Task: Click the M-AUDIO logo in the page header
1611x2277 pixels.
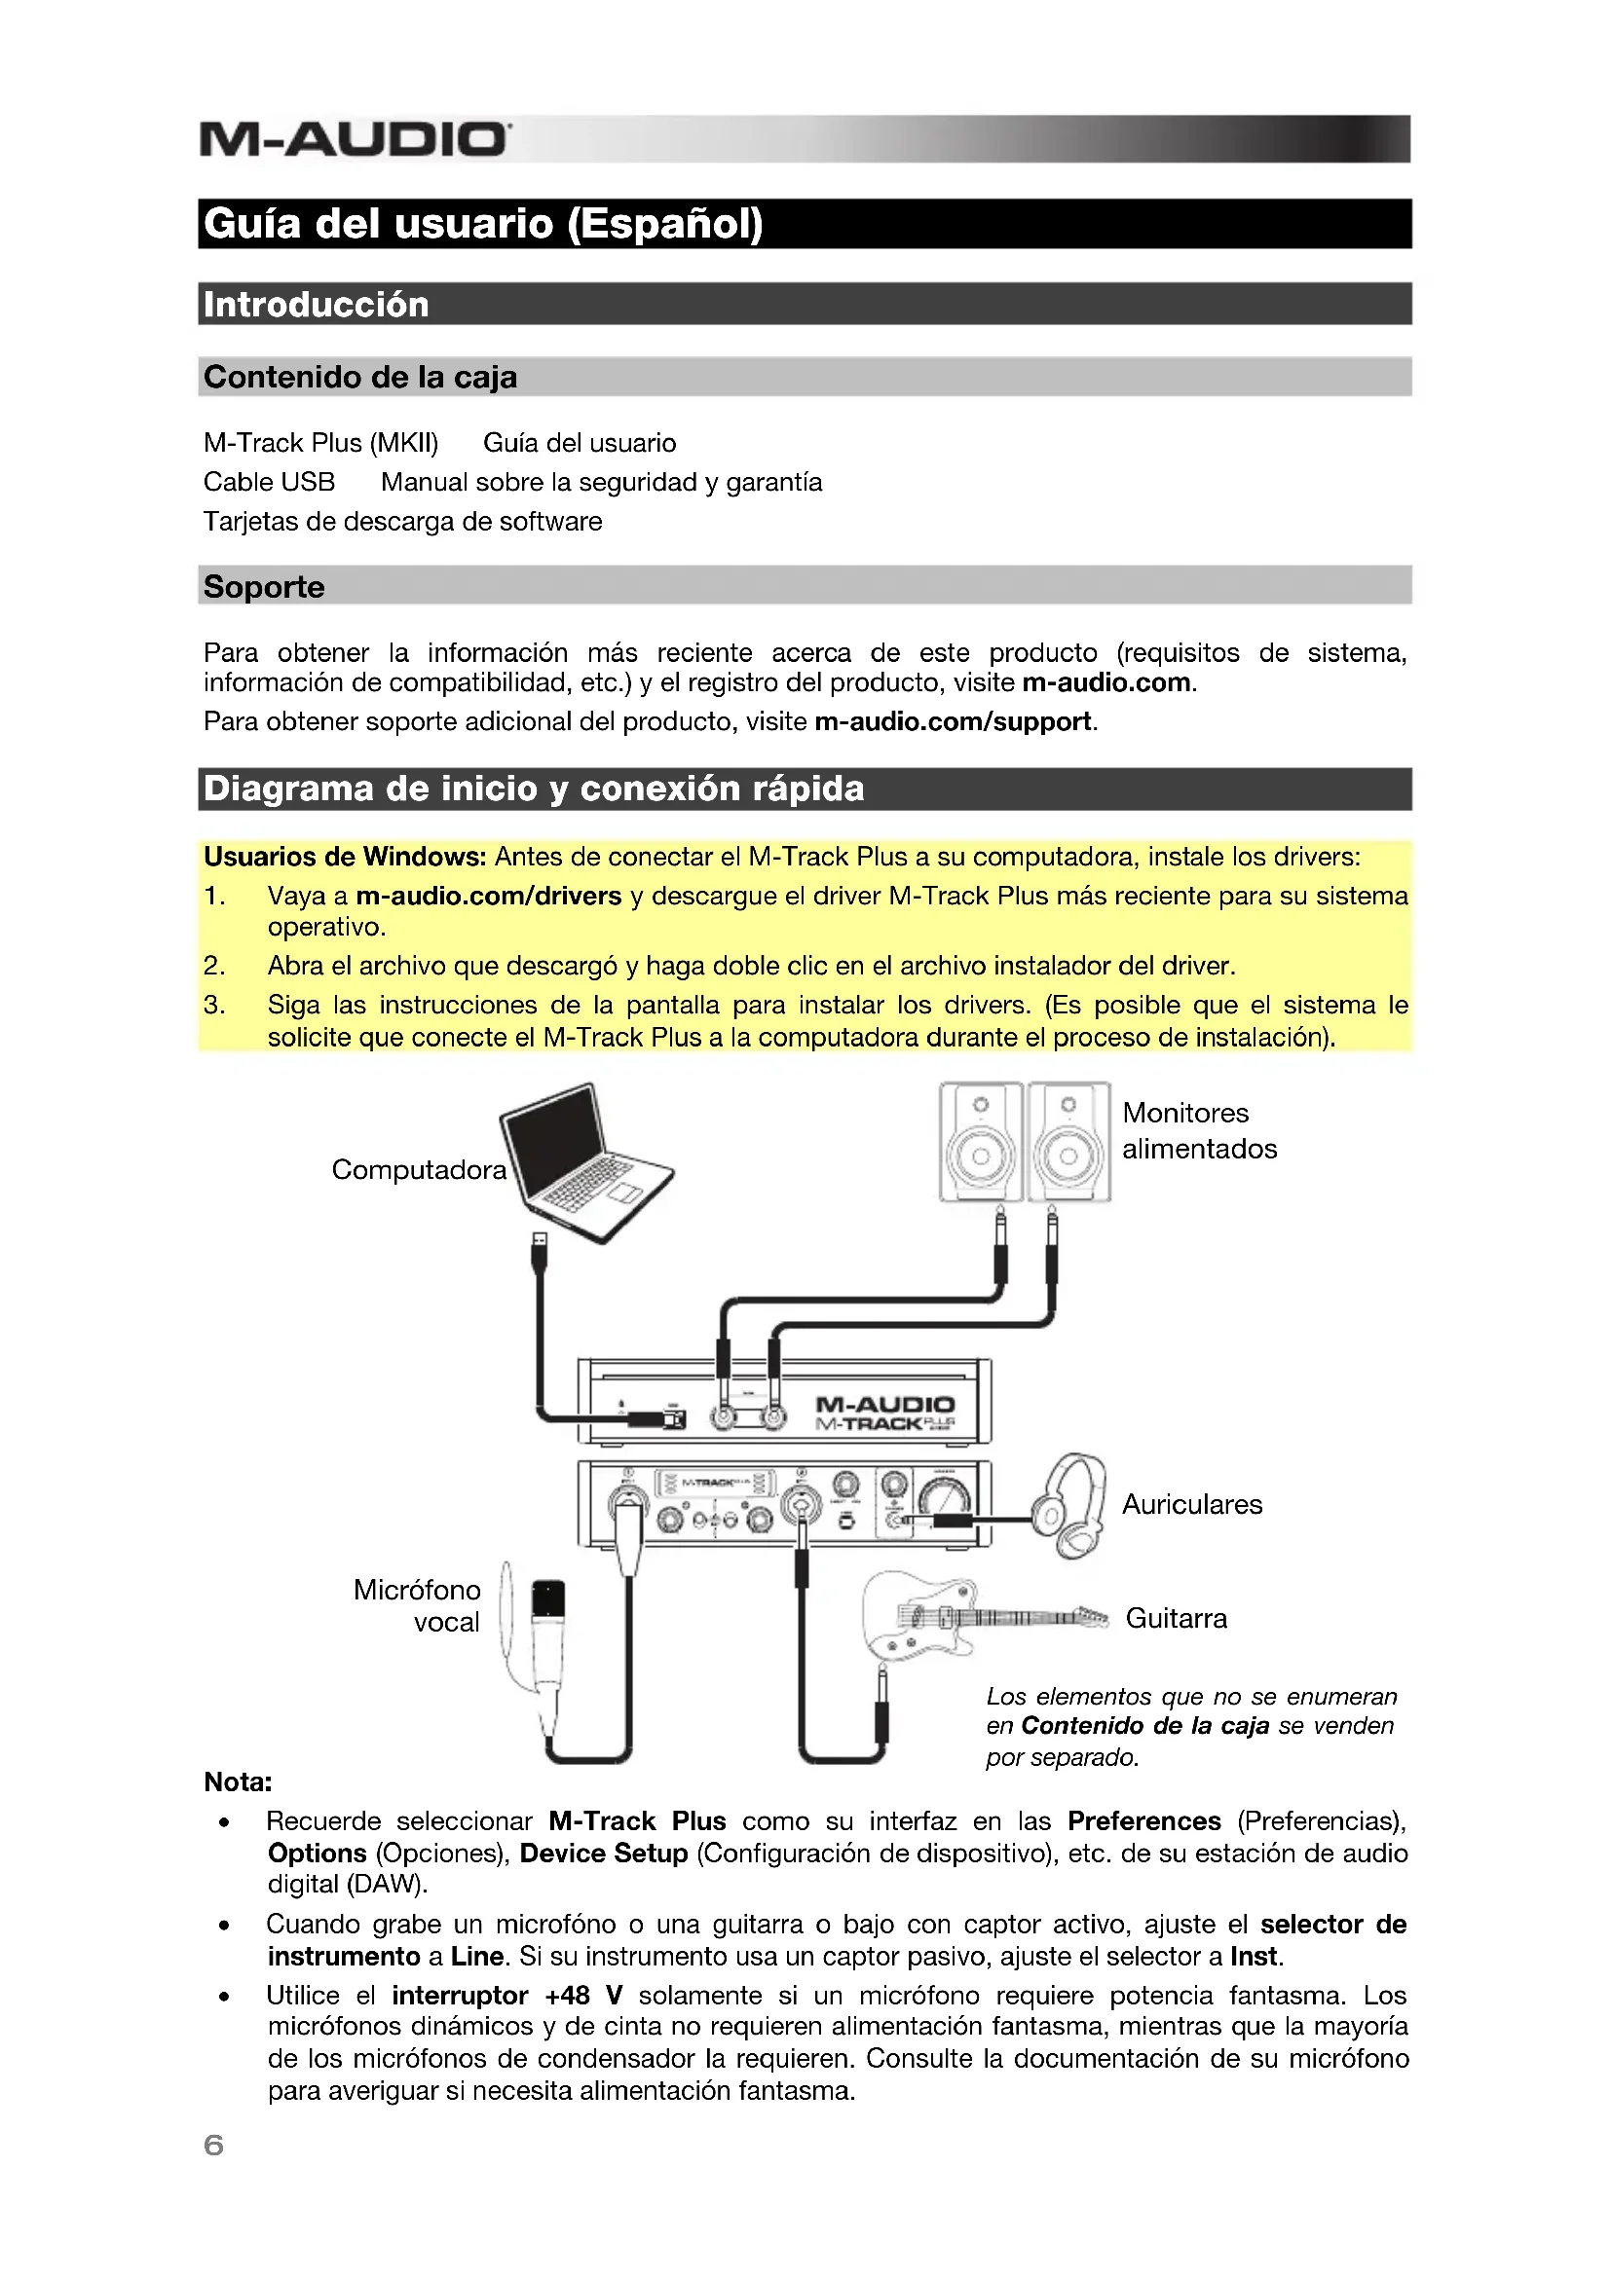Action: (356, 139)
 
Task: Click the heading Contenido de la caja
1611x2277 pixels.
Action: (360, 377)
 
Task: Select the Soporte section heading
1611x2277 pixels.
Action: (264, 586)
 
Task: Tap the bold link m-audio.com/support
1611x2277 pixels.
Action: (953, 721)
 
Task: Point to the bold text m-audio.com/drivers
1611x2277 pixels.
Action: (488, 896)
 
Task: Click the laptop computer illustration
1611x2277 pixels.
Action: (585, 1160)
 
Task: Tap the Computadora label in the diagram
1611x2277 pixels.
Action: (419, 1170)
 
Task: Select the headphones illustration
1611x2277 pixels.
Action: (1071, 1504)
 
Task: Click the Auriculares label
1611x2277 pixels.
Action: (1191, 1504)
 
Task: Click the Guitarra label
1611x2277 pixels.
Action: (1176, 1619)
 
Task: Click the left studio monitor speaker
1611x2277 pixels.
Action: (980, 1142)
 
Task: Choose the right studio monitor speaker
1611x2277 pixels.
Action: (1068, 1142)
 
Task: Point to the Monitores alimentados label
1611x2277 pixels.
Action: (1198, 1130)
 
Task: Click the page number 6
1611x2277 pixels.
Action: (213, 2146)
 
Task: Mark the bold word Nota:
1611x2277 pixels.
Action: (238, 1782)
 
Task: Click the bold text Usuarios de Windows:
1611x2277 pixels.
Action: (344, 857)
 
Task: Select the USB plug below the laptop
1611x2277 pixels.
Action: (539, 1252)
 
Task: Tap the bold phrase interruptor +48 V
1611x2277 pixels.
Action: (506, 1996)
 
